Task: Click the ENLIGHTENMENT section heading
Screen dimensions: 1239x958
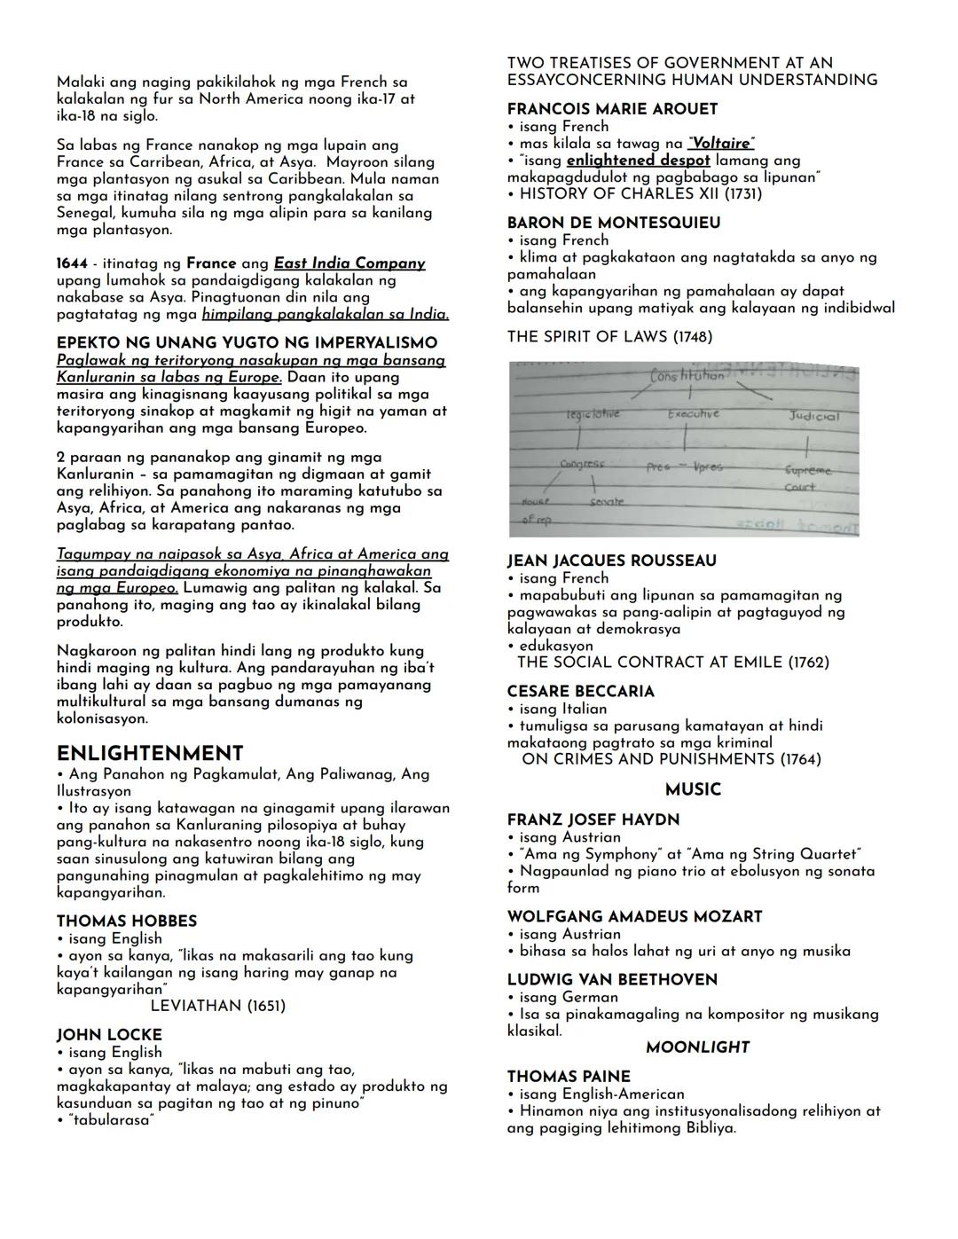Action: click(x=150, y=753)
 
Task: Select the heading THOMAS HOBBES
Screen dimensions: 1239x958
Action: click(x=127, y=921)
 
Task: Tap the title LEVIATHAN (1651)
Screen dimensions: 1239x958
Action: click(x=218, y=1006)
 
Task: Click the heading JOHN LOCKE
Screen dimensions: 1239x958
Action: click(x=109, y=1035)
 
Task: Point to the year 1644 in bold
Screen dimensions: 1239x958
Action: click(x=72, y=263)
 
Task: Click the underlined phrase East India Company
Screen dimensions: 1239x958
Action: click(x=349, y=263)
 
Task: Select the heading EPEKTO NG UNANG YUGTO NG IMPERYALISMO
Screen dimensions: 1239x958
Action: click(x=247, y=342)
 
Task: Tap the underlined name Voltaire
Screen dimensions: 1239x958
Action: click(x=721, y=143)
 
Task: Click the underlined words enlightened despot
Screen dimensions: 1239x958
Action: click(x=638, y=161)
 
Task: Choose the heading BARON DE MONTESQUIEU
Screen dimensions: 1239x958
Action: click(x=614, y=223)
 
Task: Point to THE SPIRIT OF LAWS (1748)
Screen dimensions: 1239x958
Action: click(x=609, y=336)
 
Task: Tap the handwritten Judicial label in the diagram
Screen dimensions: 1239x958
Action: click(x=813, y=416)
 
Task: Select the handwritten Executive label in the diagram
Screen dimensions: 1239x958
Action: click(x=694, y=414)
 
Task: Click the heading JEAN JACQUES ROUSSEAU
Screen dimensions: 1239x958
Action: click(x=612, y=561)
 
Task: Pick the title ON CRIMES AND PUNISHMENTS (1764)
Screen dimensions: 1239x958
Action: click(x=671, y=759)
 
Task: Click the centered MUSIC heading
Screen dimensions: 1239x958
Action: click(x=693, y=789)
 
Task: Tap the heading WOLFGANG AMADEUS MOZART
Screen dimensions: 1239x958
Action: click(x=635, y=916)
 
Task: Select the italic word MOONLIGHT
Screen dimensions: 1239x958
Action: click(x=697, y=1047)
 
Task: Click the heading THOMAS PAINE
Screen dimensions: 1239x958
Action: click(x=569, y=1077)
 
